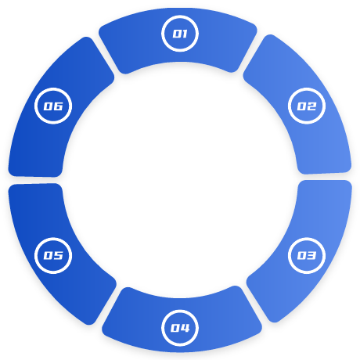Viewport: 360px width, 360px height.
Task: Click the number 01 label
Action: pos(180,34)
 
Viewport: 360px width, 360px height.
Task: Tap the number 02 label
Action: pos(307,106)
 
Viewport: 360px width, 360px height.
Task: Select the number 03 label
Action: pos(307,255)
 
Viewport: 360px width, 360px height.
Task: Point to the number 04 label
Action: pos(180,328)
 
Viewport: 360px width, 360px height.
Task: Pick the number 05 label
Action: pos(53,255)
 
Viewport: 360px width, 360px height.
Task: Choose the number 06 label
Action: pos(53,106)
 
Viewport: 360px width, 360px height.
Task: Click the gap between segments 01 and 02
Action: pos(250,53)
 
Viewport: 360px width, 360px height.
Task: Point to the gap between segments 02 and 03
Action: pos(325,177)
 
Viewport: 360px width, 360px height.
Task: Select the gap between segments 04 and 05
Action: pos(109,306)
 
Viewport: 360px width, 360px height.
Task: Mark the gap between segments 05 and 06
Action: pos(35,180)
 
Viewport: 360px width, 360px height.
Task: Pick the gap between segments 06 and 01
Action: pos(106,56)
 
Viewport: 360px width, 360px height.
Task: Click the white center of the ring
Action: pos(180,180)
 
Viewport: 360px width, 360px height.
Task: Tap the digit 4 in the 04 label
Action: pos(185,328)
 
